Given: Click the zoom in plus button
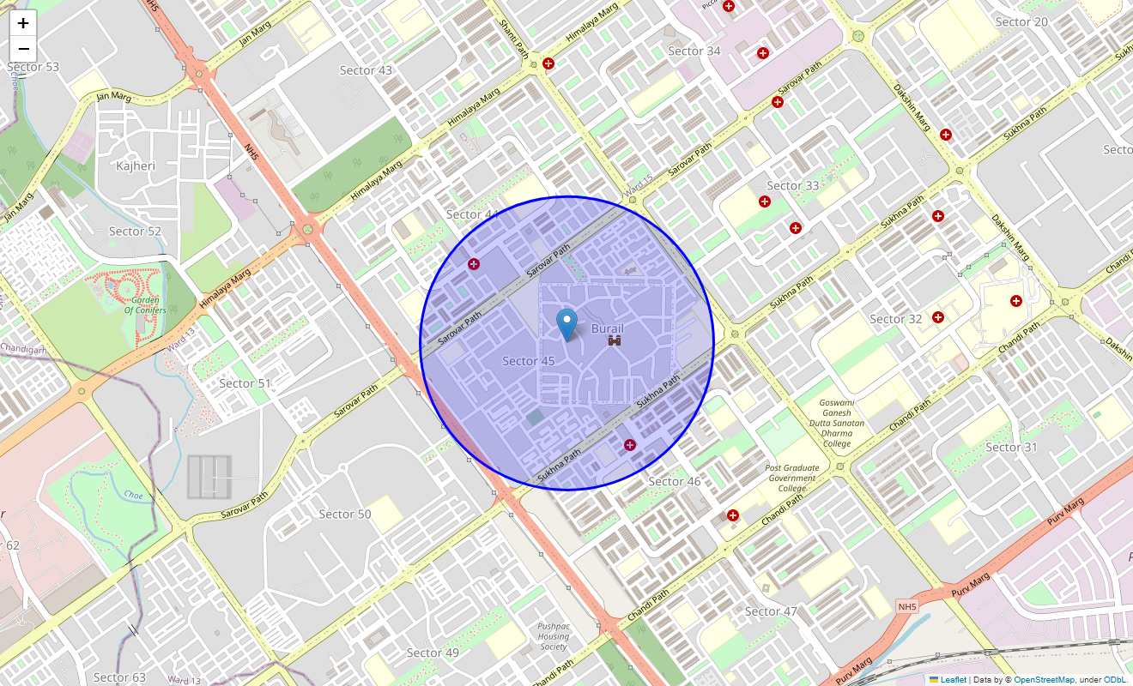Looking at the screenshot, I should coord(23,23).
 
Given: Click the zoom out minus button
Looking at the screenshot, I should coord(23,49).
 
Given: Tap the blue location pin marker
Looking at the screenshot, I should coord(566,325).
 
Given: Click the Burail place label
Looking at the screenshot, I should coord(607,328).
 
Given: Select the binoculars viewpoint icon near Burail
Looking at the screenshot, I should coord(615,341).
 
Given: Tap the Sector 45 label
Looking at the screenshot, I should coord(528,361).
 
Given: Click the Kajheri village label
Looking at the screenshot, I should coord(136,165).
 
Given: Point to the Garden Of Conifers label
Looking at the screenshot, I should coord(144,304).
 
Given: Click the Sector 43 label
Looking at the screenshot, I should coord(366,70).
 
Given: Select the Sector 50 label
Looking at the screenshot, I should coord(345,514).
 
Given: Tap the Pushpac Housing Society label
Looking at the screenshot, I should coord(554,636).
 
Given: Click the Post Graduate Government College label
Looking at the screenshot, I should coord(792,478).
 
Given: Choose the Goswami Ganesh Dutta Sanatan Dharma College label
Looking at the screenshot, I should coord(837,423).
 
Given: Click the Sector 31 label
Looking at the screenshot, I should coord(1011,447).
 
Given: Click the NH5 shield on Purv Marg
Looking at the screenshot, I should coord(907,606).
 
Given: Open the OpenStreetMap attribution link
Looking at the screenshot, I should coord(1044,679).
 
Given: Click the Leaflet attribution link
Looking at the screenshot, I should coord(953,679).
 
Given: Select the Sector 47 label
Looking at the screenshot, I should coord(771,611).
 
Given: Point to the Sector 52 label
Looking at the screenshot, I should coord(135,232).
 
